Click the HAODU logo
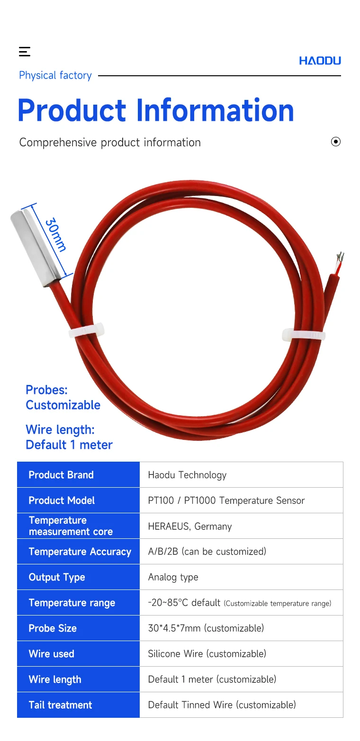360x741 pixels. [320, 61]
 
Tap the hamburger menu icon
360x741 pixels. [25, 52]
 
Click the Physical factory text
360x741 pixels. [55, 75]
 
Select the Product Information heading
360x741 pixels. [156, 110]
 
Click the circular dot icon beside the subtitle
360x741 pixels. [335, 142]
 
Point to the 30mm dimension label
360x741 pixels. [55, 234]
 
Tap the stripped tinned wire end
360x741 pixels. [340, 261]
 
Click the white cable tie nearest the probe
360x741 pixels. [86, 330]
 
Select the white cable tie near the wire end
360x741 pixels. [304, 335]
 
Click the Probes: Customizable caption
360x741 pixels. [63, 397]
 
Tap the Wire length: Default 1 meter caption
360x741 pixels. [69, 437]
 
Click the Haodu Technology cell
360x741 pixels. [187, 475]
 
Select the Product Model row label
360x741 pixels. [62, 500]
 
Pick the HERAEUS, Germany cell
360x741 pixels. [190, 527]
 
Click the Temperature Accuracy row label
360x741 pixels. [80, 552]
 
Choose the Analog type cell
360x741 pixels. [173, 577]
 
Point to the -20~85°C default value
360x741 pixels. [184, 603]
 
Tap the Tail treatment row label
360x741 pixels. [60, 705]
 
